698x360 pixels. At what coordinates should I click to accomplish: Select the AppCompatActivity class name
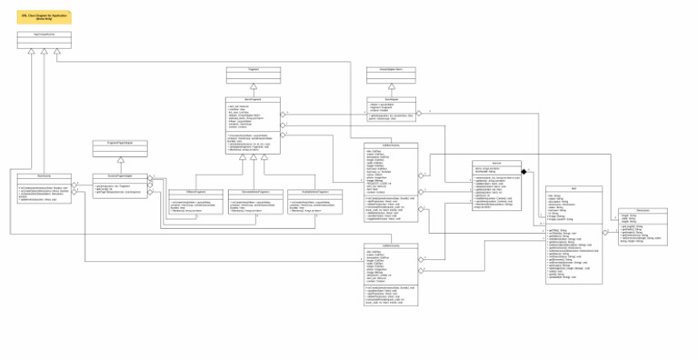click(44, 34)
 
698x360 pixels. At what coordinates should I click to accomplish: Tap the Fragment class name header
click(253, 69)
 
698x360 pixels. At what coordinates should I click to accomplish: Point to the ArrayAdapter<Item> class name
click(391, 69)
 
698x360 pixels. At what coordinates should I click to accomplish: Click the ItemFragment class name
click(253, 99)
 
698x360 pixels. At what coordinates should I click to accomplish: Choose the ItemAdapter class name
click(391, 99)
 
